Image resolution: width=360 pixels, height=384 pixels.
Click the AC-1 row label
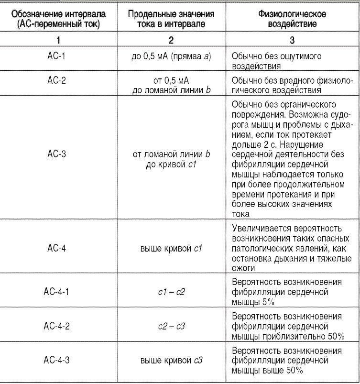click(x=57, y=56)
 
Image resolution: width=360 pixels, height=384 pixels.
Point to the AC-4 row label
click(x=57, y=248)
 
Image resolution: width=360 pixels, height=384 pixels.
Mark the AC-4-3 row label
click(x=57, y=361)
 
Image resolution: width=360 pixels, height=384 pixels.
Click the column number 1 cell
click(x=57, y=42)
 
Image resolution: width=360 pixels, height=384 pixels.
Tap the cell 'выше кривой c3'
click(x=171, y=361)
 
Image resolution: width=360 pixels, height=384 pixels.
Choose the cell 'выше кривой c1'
click(x=171, y=248)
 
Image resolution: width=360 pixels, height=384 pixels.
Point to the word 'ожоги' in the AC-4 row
click(x=243, y=268)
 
